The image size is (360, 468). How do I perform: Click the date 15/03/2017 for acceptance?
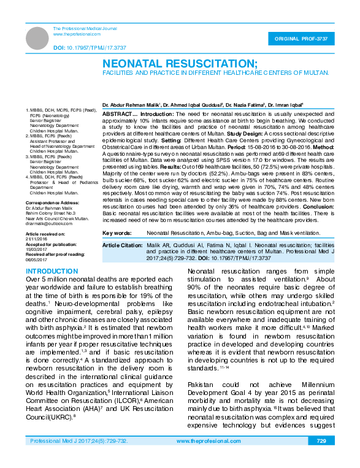coord(36,250)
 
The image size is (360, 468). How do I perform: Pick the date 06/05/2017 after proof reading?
coord(36,260)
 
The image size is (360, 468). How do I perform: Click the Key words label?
coord(117,233)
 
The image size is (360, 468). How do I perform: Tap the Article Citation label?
coord(122,245)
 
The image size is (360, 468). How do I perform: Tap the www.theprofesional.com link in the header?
coord(77,34)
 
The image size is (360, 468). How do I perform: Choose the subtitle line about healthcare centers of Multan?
coord(215,72)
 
